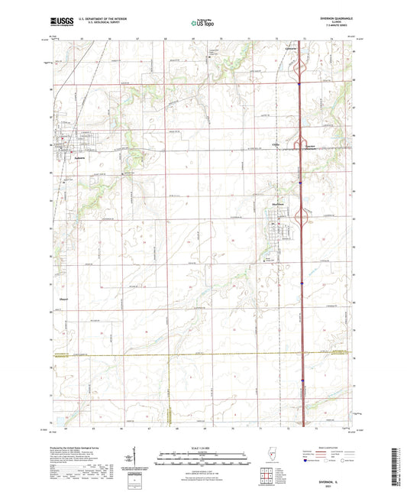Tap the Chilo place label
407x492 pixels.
tap(276, 143)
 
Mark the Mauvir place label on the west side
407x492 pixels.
tap(65, 299)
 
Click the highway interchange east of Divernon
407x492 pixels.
tap(303, 222)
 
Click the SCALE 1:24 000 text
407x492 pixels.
tap(202, 447)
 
